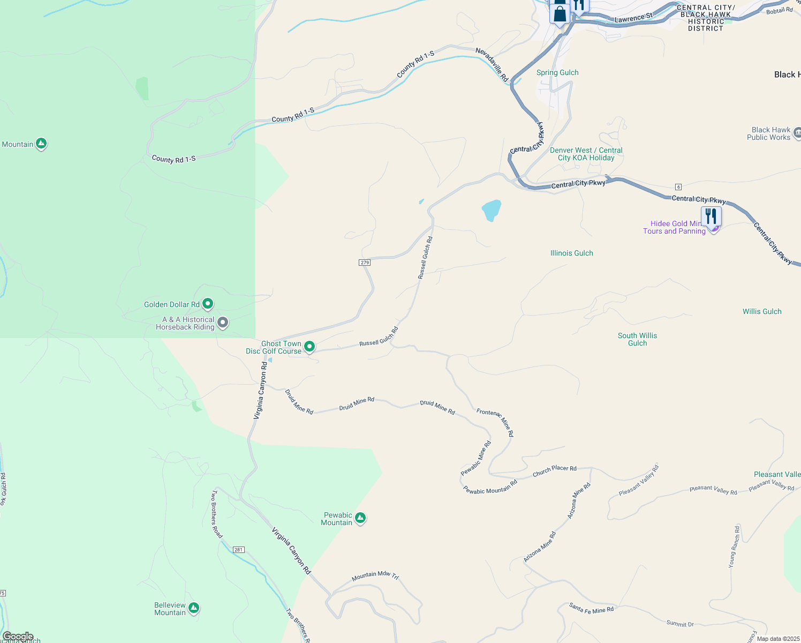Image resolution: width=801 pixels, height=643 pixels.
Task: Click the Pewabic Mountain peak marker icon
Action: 360,518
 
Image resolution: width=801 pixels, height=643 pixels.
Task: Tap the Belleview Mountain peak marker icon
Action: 194,608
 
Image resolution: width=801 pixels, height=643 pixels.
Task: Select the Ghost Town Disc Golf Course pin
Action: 309,347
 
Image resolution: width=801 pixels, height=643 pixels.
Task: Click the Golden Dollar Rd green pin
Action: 208,304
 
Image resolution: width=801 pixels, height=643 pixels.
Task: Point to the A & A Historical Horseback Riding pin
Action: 223,323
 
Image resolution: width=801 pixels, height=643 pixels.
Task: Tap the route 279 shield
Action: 365,263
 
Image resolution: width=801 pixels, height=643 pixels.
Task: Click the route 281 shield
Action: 239,550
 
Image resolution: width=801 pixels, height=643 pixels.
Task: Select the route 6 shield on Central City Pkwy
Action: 678,187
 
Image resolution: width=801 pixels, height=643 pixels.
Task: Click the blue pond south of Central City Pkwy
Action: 491,210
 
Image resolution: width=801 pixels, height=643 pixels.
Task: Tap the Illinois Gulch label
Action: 571,253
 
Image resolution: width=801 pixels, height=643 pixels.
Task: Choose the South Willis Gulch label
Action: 637,339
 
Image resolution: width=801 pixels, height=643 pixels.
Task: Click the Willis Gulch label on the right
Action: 762,311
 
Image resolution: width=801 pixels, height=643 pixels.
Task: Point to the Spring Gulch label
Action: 557,72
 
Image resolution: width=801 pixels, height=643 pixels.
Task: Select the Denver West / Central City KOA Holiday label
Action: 586,154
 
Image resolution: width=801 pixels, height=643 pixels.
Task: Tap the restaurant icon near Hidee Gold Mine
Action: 711,216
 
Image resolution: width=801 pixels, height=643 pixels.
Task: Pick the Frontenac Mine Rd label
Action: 495,422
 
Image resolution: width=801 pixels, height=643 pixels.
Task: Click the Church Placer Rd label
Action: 554,470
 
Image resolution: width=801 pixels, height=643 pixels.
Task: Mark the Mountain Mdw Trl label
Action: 375,575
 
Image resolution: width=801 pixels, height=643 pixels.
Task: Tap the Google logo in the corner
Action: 18,637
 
